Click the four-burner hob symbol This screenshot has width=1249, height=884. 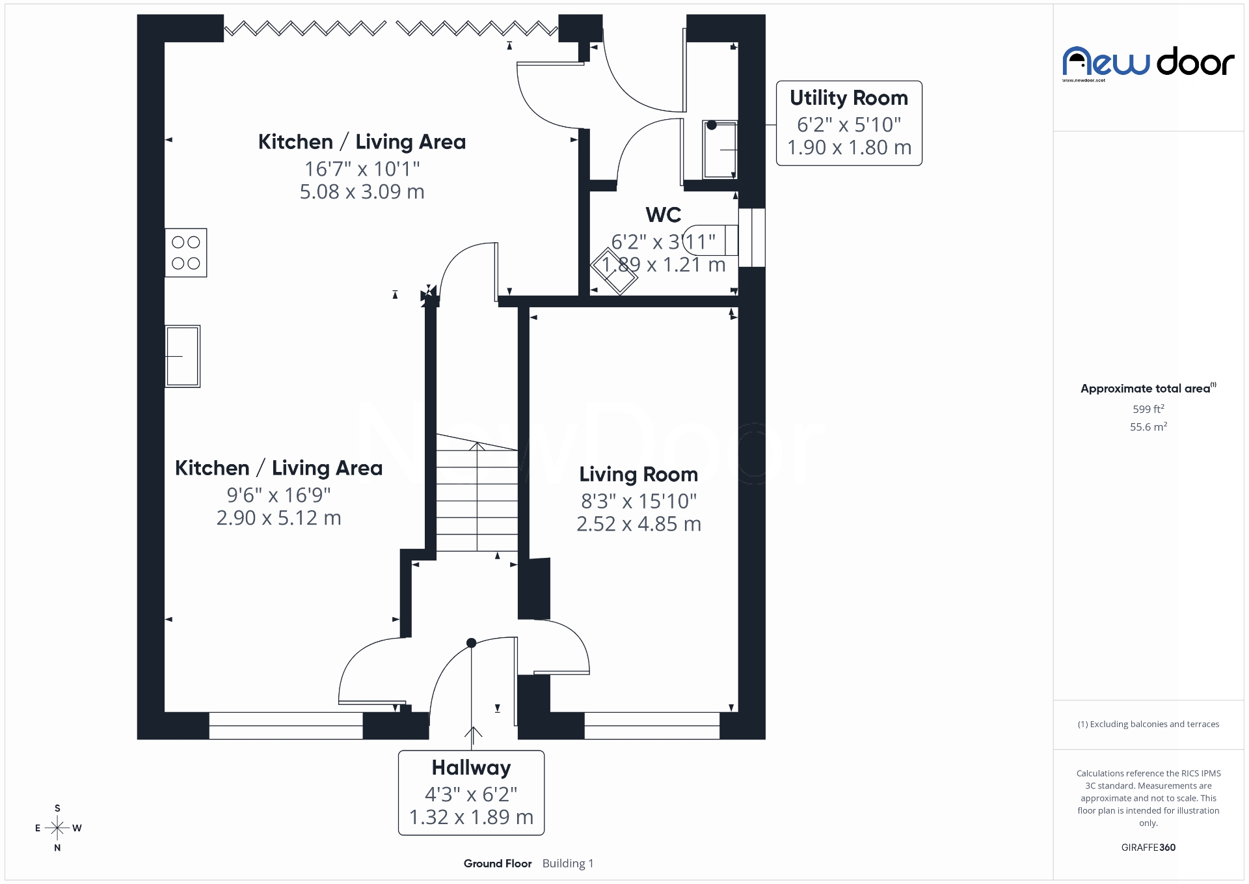tap(185, 253)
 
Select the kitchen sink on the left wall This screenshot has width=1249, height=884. tap(182, 356)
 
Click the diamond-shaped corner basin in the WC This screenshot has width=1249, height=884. tap(614, 272)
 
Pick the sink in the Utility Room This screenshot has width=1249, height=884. tap(719, 150)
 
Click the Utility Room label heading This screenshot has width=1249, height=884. tap(848, 98)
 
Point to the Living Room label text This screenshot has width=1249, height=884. tap(638, 475)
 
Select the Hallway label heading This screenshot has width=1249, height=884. tap(471, 768)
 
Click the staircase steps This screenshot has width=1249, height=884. tap(477, 495)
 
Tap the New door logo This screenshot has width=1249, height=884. tap(1148, 63)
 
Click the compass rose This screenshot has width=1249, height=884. tap(57, 828)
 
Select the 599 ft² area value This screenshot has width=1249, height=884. tap(1148, 409)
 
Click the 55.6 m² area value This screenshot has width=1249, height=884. tap(1148, 427)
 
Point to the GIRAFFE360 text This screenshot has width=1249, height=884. tap(1148, 848)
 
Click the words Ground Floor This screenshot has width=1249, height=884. tap(498, 864)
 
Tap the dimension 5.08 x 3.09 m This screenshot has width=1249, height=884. tap(362, 192)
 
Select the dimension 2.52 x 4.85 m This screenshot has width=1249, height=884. tap(638, 524)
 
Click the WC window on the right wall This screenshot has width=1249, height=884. tap(752, 238)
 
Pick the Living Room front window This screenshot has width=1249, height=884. tap(652, 726)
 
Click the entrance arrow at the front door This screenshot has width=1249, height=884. tap(473, 734)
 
